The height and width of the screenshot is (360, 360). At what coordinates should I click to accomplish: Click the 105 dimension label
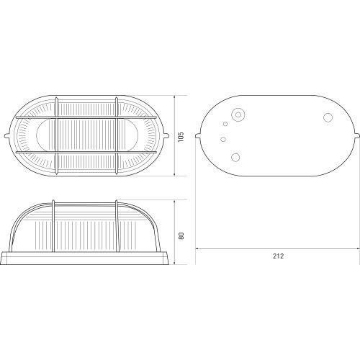(181, 137)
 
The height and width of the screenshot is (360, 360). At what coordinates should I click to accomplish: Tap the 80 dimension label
(181, 235)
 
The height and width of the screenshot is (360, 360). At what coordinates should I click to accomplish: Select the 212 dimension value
(278, 256)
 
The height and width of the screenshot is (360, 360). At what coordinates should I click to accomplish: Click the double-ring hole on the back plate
(238, 114)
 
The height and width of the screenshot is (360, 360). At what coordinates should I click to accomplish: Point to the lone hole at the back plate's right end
(328, 117)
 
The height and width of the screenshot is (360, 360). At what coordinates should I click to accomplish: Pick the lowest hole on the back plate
(235, 158)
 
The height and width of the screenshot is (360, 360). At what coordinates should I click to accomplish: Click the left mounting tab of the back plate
(198, 136)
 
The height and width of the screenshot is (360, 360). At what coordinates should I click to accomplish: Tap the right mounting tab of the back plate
(358, 136)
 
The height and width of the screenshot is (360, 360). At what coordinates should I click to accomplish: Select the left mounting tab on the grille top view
(7, 136)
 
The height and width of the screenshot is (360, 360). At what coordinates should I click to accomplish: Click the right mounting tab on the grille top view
(166, 136)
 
